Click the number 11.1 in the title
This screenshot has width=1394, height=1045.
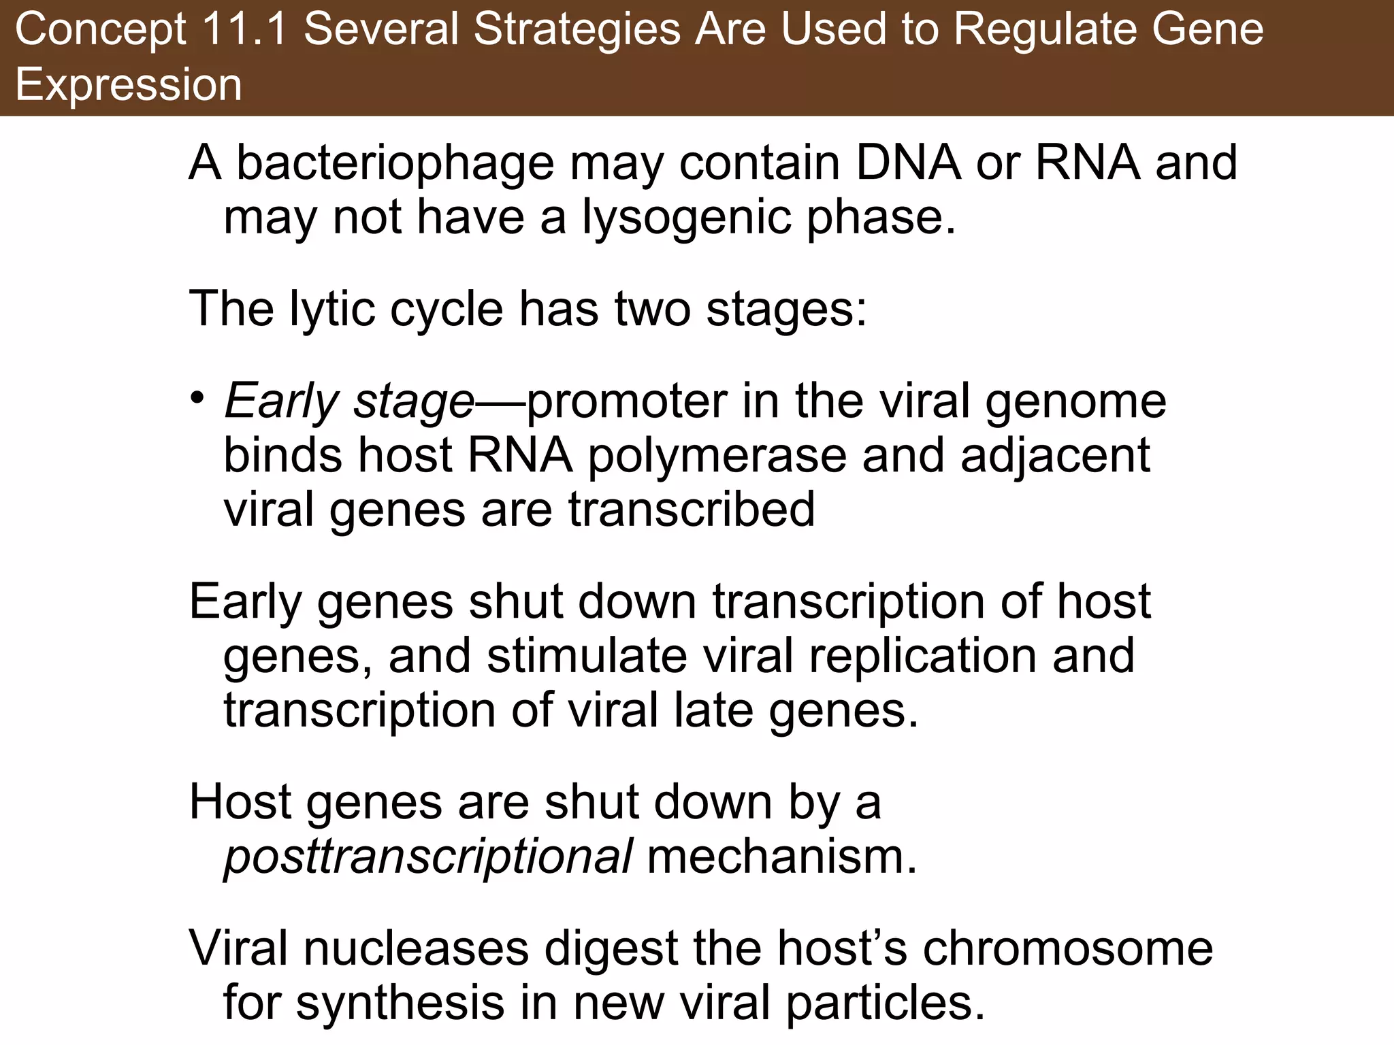[x=244, y=30]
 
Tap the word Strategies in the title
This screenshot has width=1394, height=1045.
[x=576, y=30]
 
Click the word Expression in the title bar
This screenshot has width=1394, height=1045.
[x=129, y=85]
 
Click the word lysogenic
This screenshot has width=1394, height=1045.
[x=685, y=218]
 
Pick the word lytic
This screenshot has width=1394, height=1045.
[x=331, y=310]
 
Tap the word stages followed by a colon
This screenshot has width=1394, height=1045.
[x=786, y=310]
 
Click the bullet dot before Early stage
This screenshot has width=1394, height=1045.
[x=197, y=397]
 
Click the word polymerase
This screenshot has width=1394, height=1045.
[x=716, y=456]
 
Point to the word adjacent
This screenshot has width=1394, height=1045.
[x=1055, y=456]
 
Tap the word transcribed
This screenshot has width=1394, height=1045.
[x=692, y=510]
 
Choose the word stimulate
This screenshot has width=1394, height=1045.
[x=586, y=657]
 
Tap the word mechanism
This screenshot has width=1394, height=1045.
[x=782, y=857]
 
